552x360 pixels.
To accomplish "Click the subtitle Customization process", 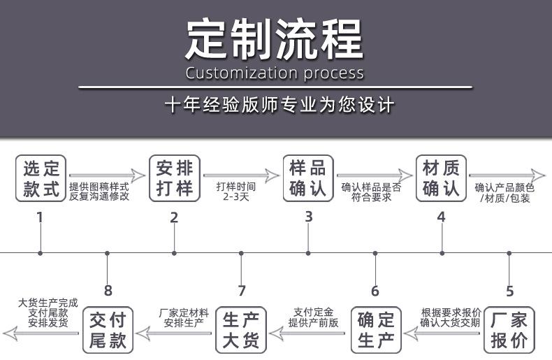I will pyautogui.click(x=275, y=73).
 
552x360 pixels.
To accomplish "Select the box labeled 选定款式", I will pyautogui.click(x=41, y=179).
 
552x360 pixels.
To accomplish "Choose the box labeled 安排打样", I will pyautogui.click(x=174, y=179).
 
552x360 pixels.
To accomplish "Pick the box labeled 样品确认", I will pyautogui.click(x=308, y=179).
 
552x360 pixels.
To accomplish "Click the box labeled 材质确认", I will pyautogui.click(x=441, y=179).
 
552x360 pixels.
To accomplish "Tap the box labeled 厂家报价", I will pyautogui.click(x=509, y=331).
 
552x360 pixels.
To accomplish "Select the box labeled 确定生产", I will pyautogui.click(x=375, y=331).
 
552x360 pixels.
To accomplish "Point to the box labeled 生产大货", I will pyautogui.click(x=241, y=331).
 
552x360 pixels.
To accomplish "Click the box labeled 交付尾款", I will pyautogui.click(x=108, y=331).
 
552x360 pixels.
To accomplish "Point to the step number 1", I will pyautogui.click(x=40, y=217).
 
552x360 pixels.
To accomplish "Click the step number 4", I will pyautogui.click(x=441, y=217).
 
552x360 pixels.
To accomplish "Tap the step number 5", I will pyautogui.click(x=509, y=291).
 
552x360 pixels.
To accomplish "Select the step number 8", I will pyautogui.click(x=108, y=291).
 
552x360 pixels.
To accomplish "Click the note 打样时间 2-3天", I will pyautogui.click(x=235, y=192).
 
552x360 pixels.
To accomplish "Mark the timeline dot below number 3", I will pyautogui.click(x=308, y=252).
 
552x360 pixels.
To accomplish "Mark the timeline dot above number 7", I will pyautogui.click(x=241, y=252).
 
